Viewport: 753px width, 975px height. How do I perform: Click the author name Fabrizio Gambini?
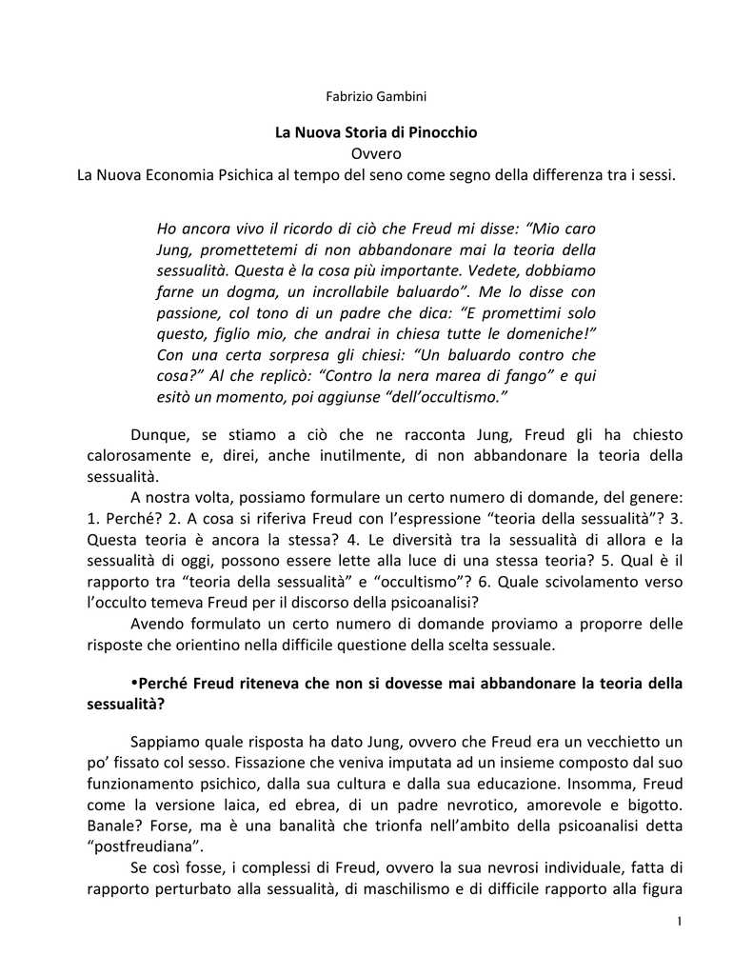[x=376, y=95]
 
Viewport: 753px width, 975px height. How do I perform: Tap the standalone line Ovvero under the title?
[x=376, y=153]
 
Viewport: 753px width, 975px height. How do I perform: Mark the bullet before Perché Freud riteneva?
[x=134, y=683]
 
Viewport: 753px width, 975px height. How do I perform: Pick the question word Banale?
[x=107, y=826]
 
